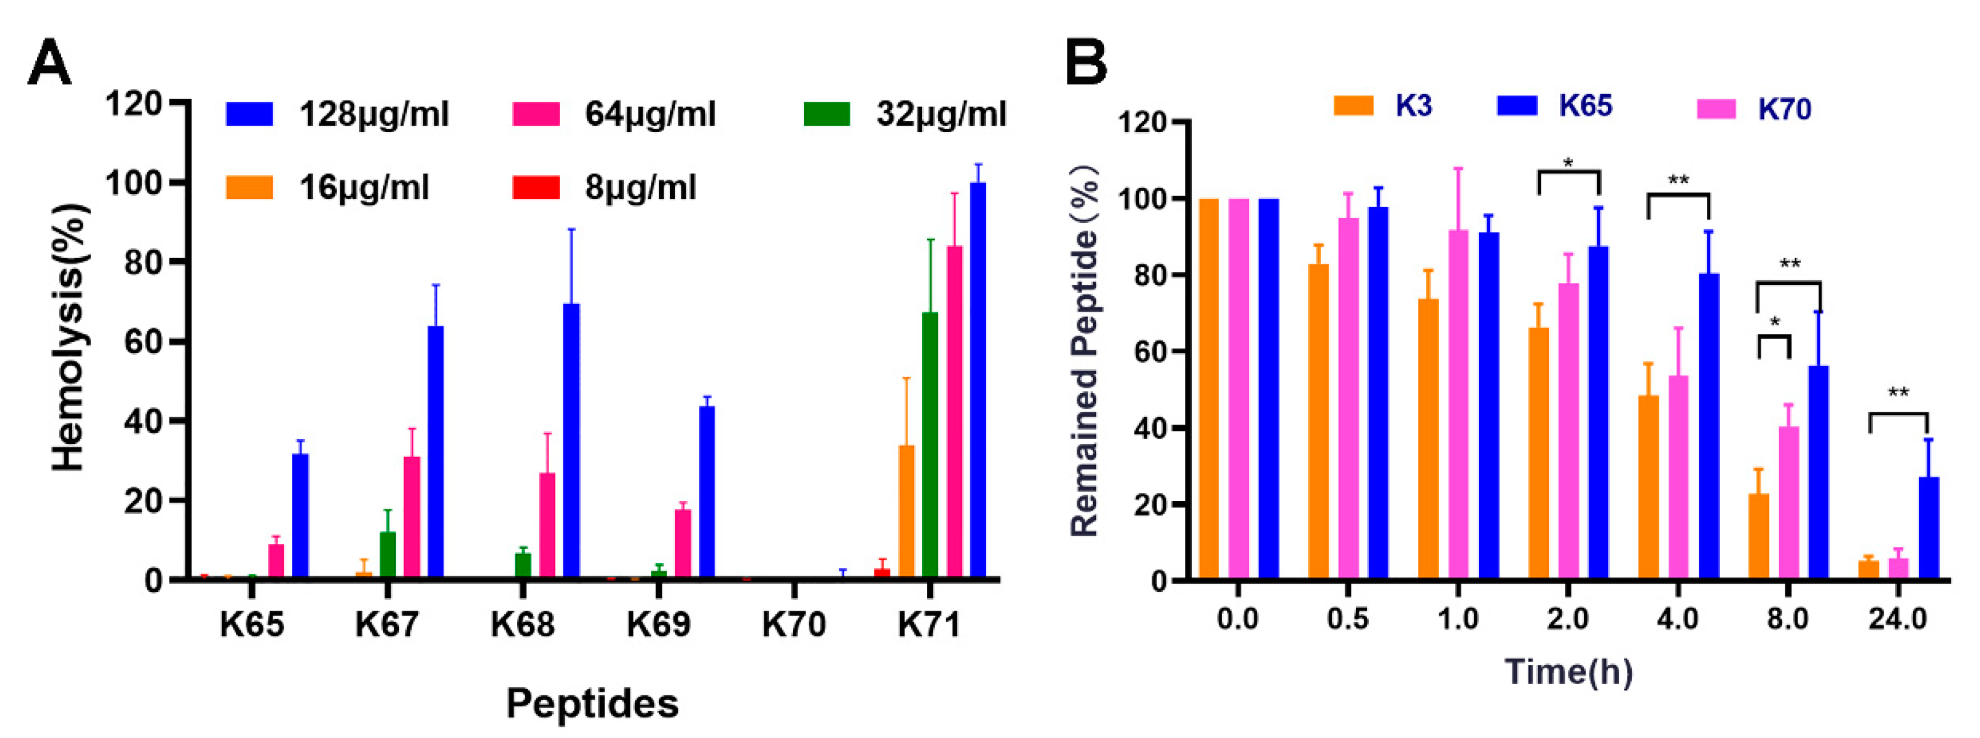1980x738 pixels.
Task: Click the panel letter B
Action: tap(1085, 63)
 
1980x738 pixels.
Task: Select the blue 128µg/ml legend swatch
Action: tap(249, 114)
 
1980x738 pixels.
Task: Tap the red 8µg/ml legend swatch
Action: tap(536, 187)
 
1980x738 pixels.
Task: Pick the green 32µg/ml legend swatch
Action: tap(827, 114)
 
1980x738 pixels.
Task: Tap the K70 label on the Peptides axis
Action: tap(794, 624)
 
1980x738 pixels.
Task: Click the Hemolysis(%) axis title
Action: tap(68, 338)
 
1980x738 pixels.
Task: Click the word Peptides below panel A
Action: tap(592, 703)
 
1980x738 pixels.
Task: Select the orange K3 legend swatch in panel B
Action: tap(1353, 105)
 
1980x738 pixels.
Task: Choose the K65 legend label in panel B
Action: tap(1585, 105)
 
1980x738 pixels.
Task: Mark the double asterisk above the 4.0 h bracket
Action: tap(1678, 181)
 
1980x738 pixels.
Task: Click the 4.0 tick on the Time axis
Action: tap(1677, 618)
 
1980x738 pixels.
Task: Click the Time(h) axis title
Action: tap(1568, 672)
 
